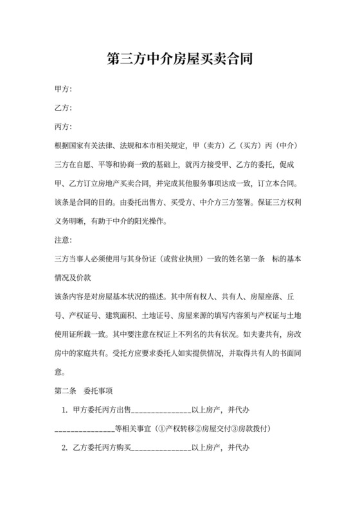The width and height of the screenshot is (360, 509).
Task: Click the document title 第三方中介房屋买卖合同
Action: [179, 60]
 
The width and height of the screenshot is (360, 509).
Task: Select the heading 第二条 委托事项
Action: [85, 390]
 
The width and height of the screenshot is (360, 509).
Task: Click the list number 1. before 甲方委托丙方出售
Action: [64, 409]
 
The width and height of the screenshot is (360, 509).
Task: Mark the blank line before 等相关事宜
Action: [84, 429]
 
